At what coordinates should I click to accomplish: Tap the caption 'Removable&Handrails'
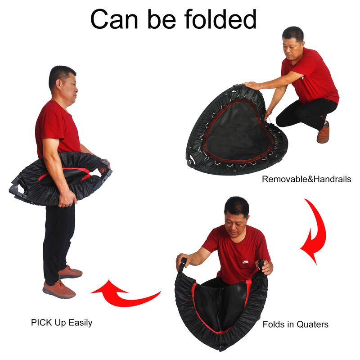click(x=306, y=179)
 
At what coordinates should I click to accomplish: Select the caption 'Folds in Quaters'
click(x=295, y=324)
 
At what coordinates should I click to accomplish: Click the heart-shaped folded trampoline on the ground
click(x=234, y=130)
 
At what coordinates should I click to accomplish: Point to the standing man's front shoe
click(x=59, y=289)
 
